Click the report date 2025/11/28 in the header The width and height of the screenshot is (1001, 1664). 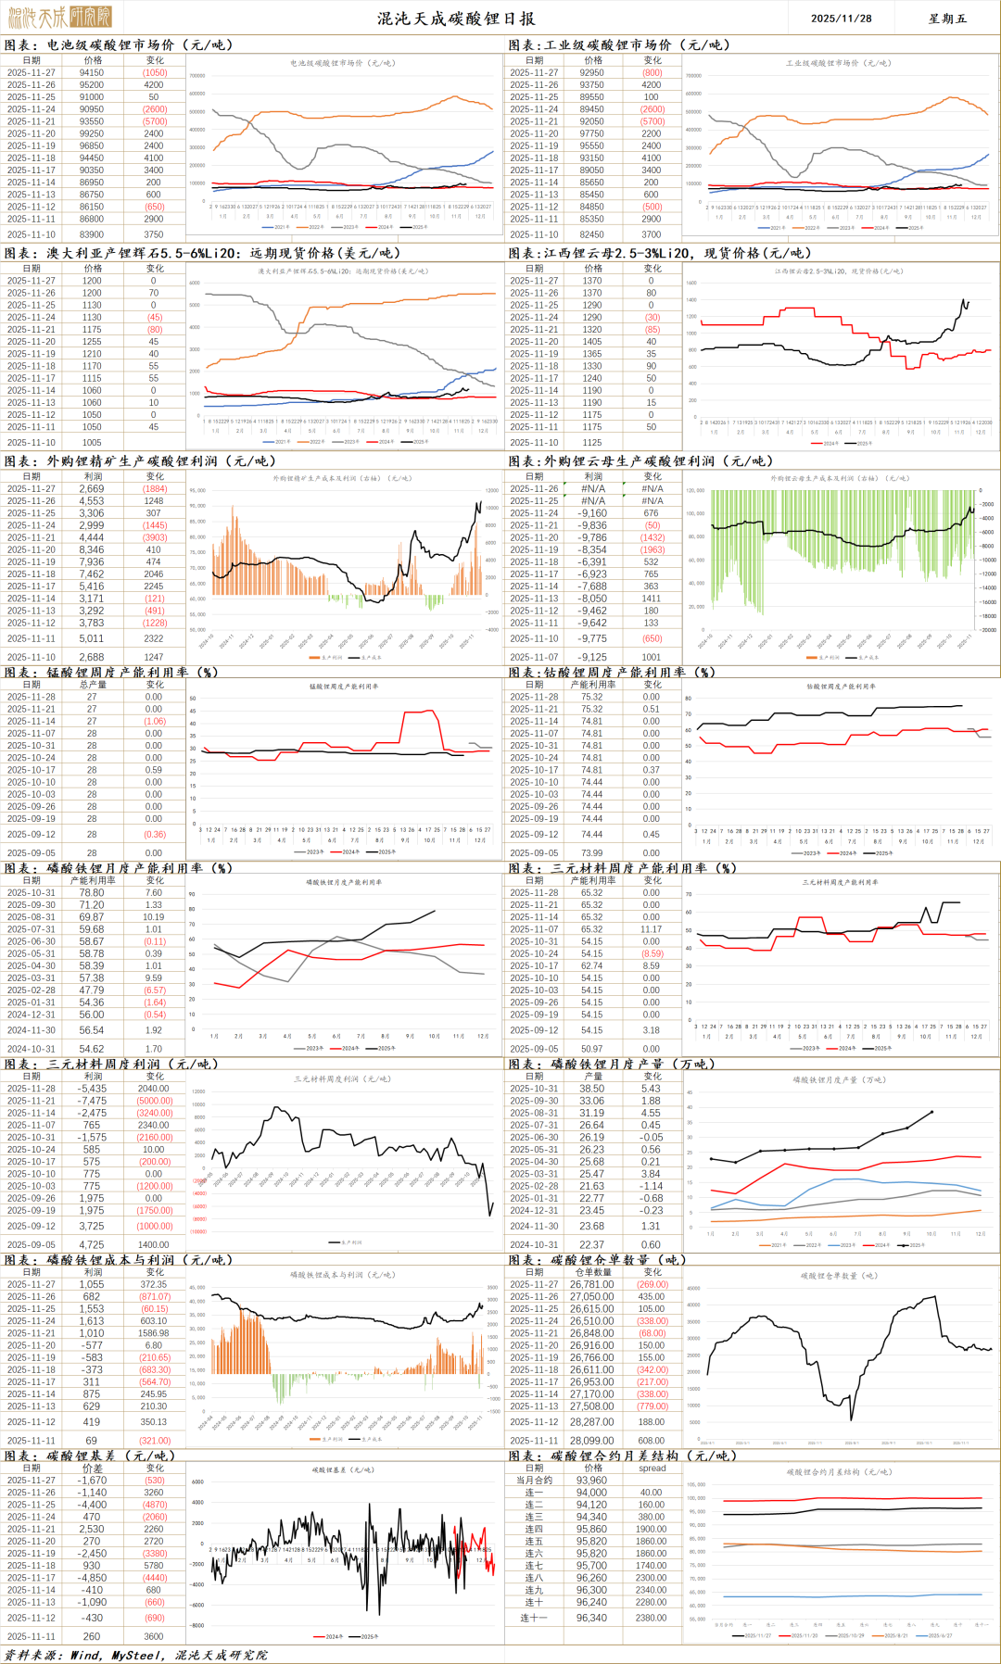click(x=841, y=19)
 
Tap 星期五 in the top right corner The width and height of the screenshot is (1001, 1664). click(x=947, y=19)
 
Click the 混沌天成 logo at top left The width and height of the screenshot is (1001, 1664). click(x=59, y=17)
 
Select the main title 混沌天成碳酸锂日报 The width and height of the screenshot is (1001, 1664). click(x=455, y=19)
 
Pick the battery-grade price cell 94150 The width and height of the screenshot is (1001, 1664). click(x=92, y=72)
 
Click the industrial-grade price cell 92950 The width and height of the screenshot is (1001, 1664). click(x=592, y=72)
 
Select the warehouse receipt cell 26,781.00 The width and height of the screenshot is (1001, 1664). click(x=592, y=1284)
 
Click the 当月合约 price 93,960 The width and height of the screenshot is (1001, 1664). click(x=591, y=1481)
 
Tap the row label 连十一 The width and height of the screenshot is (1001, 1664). click(x=534, y=1618)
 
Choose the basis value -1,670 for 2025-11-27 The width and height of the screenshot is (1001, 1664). click(x=92, y=1481)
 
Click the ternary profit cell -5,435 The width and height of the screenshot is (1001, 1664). click(x=92, y=1089)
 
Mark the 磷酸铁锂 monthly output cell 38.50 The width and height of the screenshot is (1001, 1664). click(x=592, y=1089)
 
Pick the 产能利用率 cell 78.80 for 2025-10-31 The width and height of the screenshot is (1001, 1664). click(x=92, y=893)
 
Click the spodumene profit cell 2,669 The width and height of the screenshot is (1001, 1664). click(x=92, y=489)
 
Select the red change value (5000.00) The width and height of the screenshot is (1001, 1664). click(x=155, y=1101)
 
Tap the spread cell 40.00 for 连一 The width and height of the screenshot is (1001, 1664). click(x=652, y=1493)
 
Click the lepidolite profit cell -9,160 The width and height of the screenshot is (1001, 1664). click(x=592, y=513)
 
